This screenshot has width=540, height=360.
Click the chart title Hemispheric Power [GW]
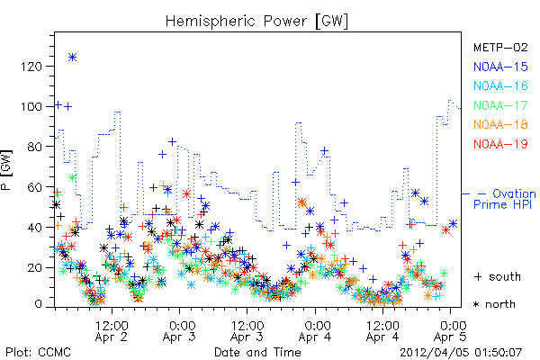256,21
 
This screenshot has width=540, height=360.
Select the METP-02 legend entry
500,47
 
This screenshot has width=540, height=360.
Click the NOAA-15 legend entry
500,67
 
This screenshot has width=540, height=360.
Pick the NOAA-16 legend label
500,85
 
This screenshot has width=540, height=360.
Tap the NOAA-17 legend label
500,105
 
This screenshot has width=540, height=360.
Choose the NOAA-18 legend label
500,124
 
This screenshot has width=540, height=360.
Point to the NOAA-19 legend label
500,144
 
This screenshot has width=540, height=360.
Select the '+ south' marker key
498,276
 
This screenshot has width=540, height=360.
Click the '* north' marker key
494,304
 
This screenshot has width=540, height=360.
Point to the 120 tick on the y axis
31,66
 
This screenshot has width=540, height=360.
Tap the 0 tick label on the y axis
38,304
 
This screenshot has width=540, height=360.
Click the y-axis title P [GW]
6,170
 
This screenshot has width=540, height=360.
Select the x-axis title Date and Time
257,352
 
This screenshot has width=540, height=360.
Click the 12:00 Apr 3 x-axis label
247,331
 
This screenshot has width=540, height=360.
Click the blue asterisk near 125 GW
72,58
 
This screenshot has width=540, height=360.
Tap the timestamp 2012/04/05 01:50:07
461,352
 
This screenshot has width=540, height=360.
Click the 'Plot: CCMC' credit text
38,352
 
